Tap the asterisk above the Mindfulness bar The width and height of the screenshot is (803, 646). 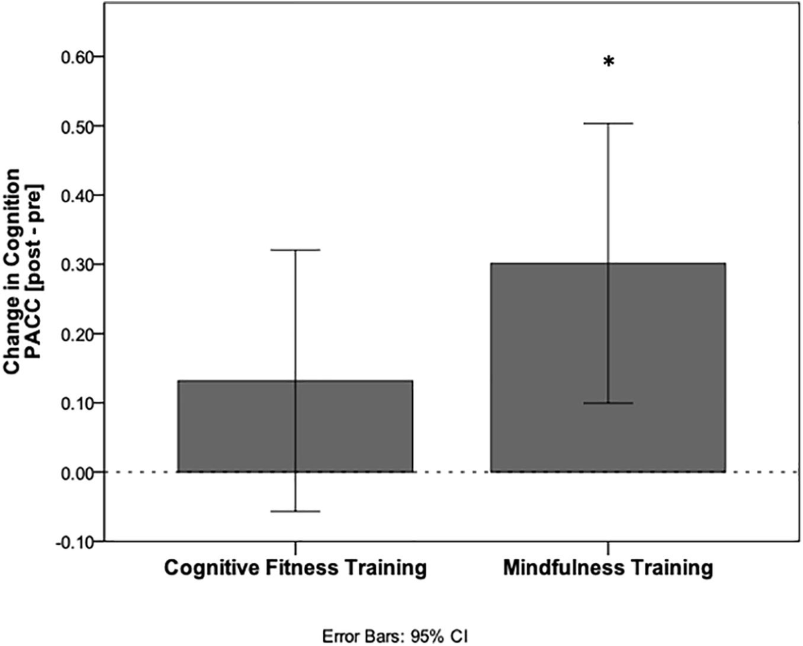(x=608, y=62)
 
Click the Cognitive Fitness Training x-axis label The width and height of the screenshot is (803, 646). (x=295, y=570)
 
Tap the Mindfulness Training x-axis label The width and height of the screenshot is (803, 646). (x=608, y=570)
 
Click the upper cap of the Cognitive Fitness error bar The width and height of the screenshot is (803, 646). (x=295, y=250)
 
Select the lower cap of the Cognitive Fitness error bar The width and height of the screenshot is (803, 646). (x=295, y=511)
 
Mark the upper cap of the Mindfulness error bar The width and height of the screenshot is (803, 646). (x=608, y=123)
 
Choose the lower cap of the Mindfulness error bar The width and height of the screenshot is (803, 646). (x=608, y=403)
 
